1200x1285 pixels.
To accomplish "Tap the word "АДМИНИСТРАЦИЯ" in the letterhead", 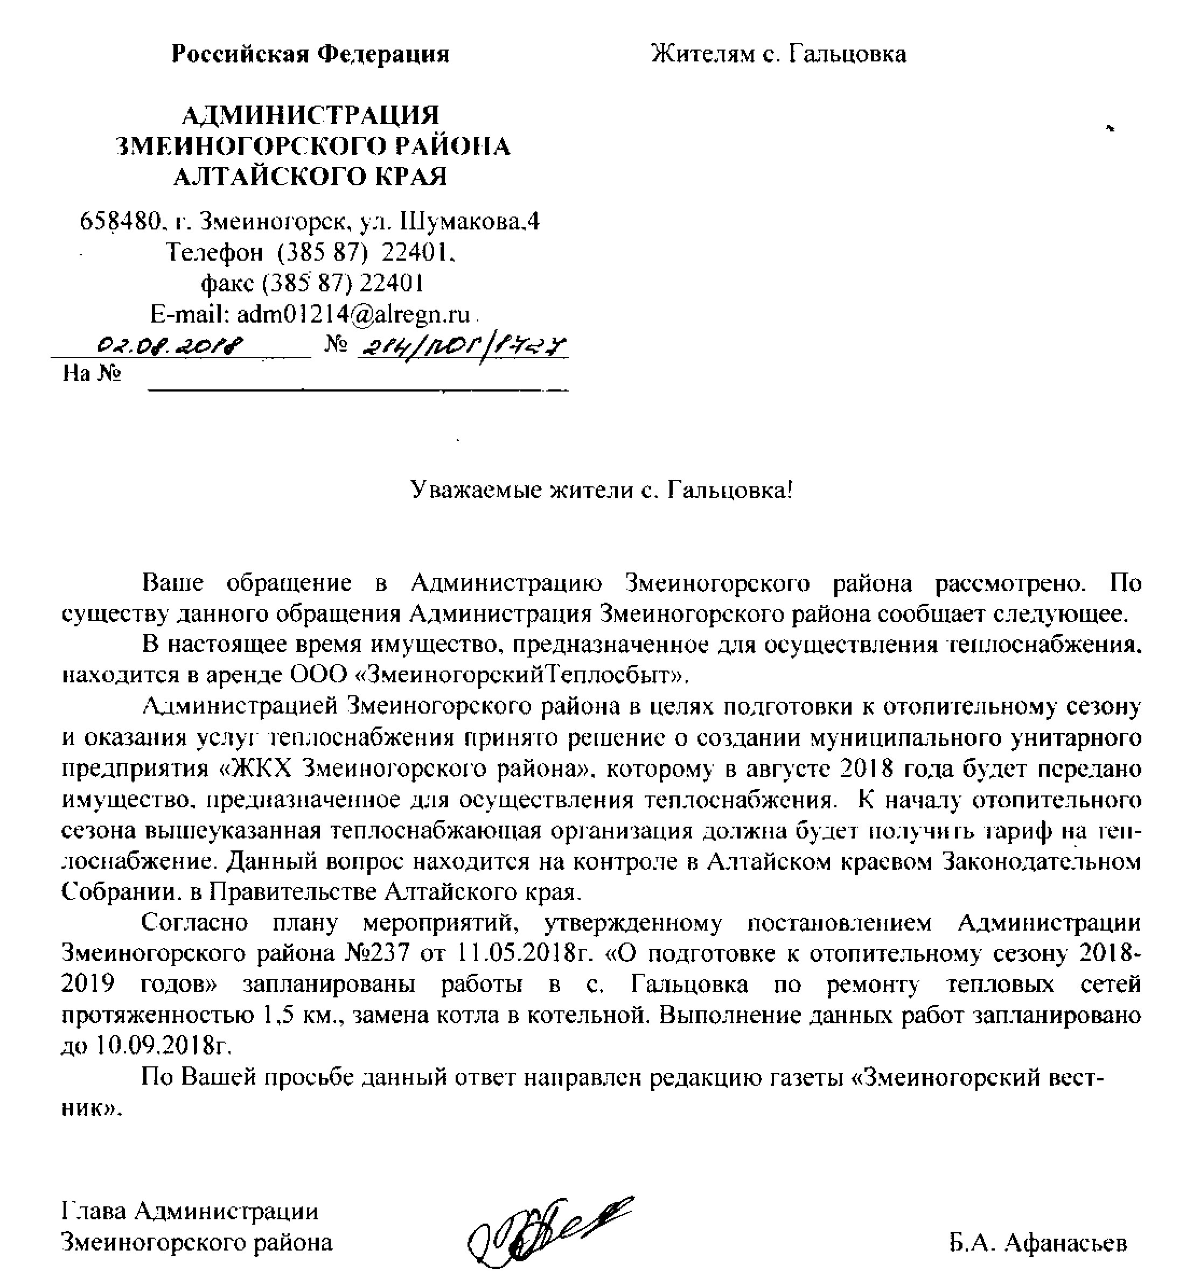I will tap(310, 116).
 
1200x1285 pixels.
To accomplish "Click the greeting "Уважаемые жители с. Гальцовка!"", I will tap(601, 491).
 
